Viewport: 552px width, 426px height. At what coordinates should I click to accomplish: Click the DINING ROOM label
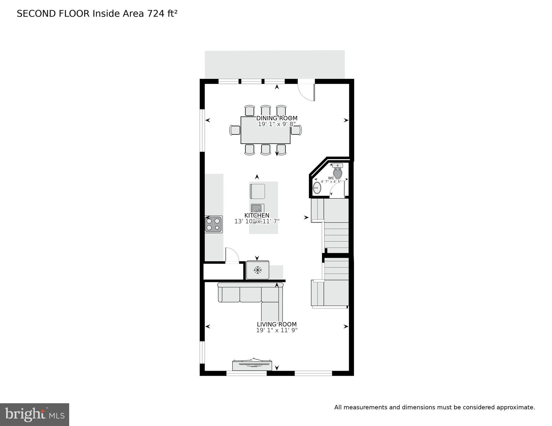click(277, 118)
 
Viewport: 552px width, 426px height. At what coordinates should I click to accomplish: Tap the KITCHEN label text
click(257, 215)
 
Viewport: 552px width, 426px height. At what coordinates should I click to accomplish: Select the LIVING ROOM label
click(277, 324)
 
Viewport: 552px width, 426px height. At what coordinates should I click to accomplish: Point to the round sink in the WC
click(317, 188)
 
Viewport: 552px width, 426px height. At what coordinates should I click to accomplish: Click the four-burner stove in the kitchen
click(213, 224)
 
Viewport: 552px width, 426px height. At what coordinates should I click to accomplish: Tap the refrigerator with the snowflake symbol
click(258, 270)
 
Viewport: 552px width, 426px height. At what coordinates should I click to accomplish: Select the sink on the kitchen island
click(257, 209)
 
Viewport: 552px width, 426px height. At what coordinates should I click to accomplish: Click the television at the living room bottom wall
click(252, 365)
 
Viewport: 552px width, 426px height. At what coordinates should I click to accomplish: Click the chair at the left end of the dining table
click(235, 130)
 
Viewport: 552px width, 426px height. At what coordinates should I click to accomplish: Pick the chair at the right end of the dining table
click(297, 130)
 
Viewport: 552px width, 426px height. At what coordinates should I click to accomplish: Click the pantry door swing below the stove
click(232, 255)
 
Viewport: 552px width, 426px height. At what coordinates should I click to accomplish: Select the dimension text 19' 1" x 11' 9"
click(277, 330)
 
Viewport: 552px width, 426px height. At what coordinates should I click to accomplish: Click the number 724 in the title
click(156, 14)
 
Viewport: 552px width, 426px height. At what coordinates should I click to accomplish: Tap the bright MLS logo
click(34, 414)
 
